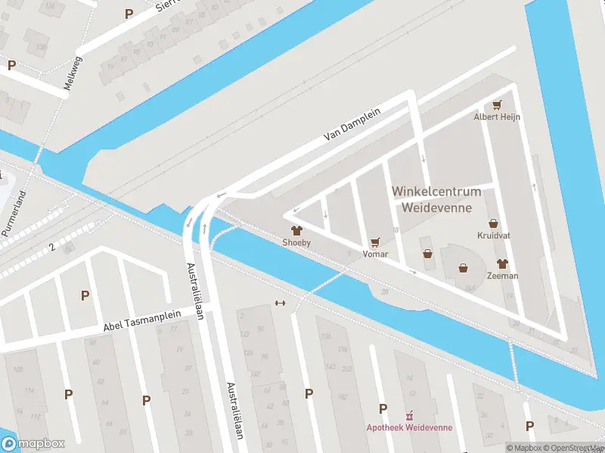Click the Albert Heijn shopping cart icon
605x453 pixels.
click(x=497, y=105)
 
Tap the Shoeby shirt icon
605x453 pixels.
click(x=296, y=230)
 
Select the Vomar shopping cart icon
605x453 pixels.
click(x=375, y=242)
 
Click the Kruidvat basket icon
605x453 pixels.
click(x=494, y=223)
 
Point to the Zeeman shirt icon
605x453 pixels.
click(x=502, y=263)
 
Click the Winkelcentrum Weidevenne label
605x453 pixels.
click(x=436, y=200)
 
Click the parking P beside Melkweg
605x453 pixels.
click(x=11, y=65)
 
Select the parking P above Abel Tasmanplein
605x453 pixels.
click(x=85, y=295)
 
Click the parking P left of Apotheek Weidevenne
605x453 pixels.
click(x=383, y=408)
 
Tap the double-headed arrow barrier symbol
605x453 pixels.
click(x=281, y=304)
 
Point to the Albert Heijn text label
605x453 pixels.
click(x=497, y=117)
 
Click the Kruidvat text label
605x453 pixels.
click(x=494, y=236)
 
